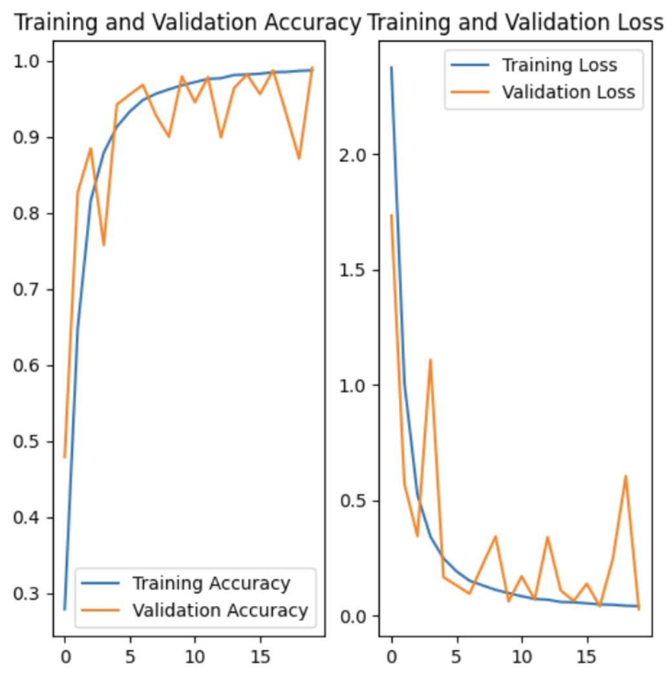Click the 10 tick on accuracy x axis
195,655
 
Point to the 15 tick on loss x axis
586,655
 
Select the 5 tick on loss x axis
456,655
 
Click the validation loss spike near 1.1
430,360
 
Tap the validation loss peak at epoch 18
626,476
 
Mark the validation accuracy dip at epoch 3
103,245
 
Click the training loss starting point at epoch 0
391,67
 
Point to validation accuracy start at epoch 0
65,457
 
